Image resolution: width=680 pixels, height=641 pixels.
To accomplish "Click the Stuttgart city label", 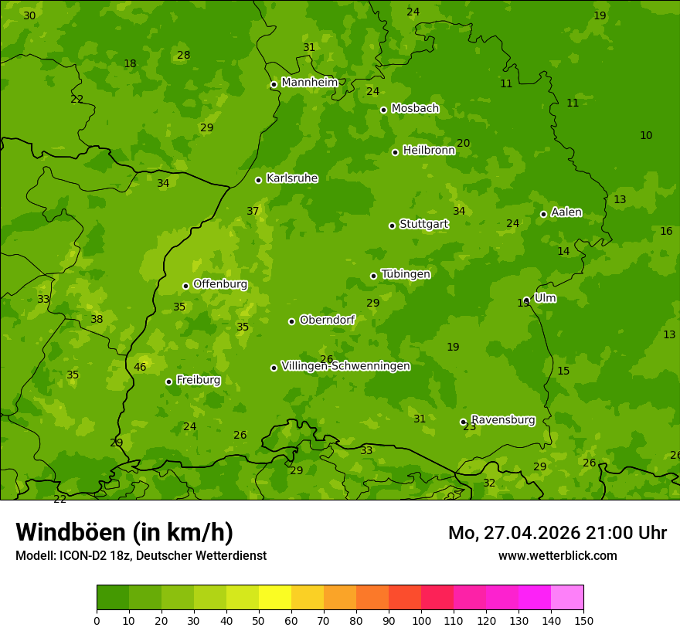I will point(423,224).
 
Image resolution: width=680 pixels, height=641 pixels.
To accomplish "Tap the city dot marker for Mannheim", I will point(274,85).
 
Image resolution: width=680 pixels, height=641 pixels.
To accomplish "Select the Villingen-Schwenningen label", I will point(345,366).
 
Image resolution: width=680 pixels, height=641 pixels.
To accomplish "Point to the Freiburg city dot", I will point(168,382).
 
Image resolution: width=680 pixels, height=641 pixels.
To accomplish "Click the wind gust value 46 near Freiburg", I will point(140,367).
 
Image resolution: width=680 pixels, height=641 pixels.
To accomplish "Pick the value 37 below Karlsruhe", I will point(253,211).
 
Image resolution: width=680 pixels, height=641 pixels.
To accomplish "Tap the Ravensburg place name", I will point(503,420).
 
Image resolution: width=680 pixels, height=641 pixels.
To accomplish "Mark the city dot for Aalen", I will point(543,214).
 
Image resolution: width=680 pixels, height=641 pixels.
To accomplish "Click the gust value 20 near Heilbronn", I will point(464,143).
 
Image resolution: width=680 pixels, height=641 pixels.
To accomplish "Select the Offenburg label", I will point(220,284).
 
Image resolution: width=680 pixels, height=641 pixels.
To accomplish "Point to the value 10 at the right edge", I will point(646,135).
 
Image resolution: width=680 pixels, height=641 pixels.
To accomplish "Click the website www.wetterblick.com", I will point(557,555).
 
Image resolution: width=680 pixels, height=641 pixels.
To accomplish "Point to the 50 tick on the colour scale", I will point(259,620).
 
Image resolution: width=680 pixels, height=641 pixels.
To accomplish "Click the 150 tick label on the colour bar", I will point(583,620).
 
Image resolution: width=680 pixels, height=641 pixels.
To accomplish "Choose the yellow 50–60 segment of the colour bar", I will point(275,598).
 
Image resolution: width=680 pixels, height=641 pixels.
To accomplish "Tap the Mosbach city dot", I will point(383,110).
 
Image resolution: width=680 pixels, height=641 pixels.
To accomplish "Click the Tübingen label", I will point(406,274).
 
